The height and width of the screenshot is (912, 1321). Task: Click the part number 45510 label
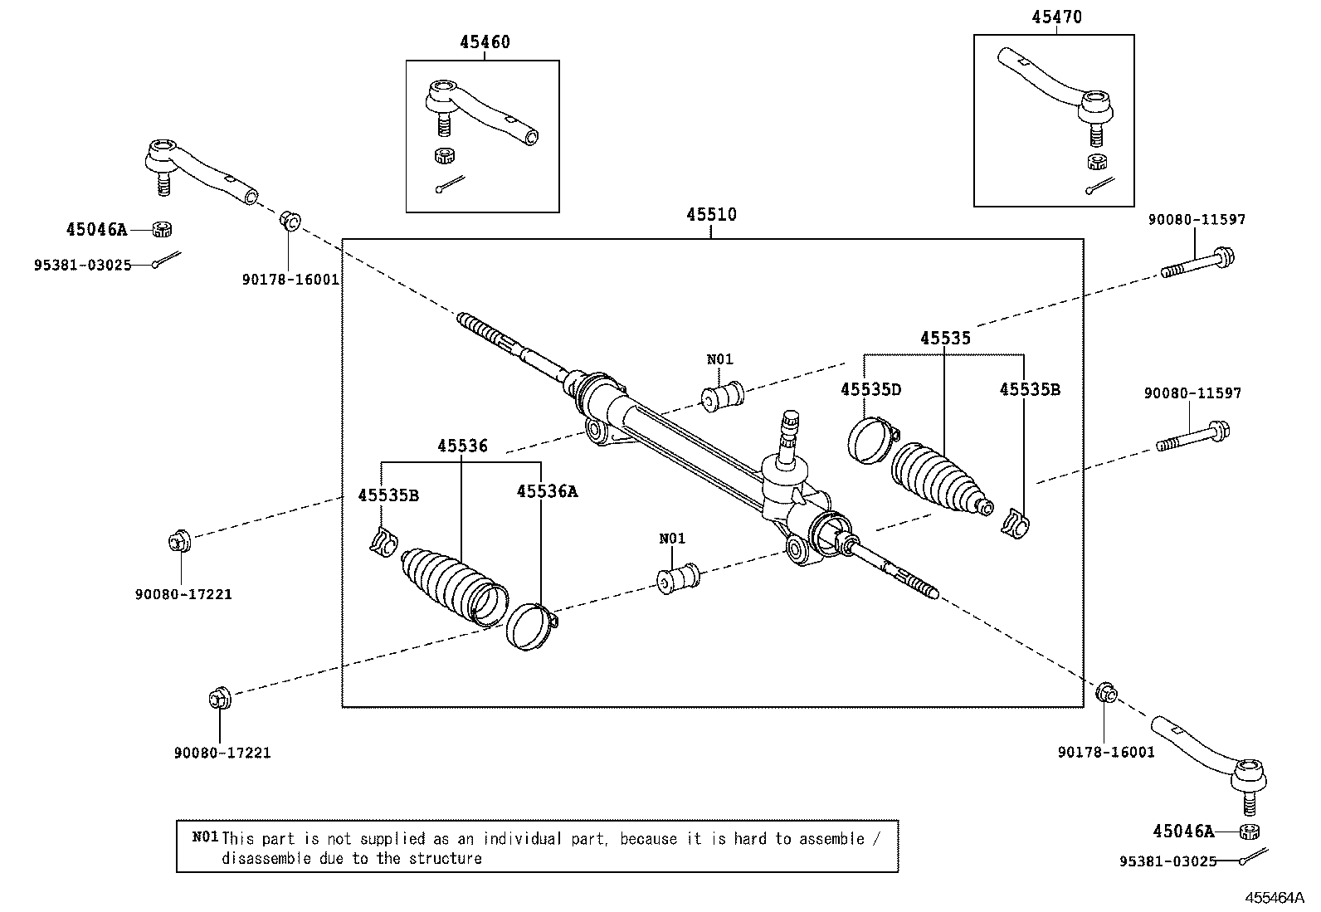(711, 215)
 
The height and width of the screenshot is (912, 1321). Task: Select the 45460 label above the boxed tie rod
(484, 42)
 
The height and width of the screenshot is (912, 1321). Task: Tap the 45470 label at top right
(1056, 17)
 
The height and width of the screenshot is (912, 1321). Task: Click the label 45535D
(870, 389)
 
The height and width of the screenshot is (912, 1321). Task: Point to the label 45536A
(547, 491)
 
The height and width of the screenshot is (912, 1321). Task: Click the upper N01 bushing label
(719, 359)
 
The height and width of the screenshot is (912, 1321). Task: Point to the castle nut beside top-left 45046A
(163, 229)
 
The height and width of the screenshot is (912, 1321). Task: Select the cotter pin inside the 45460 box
(451, 183)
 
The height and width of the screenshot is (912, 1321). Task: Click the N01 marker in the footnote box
(205, 836)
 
